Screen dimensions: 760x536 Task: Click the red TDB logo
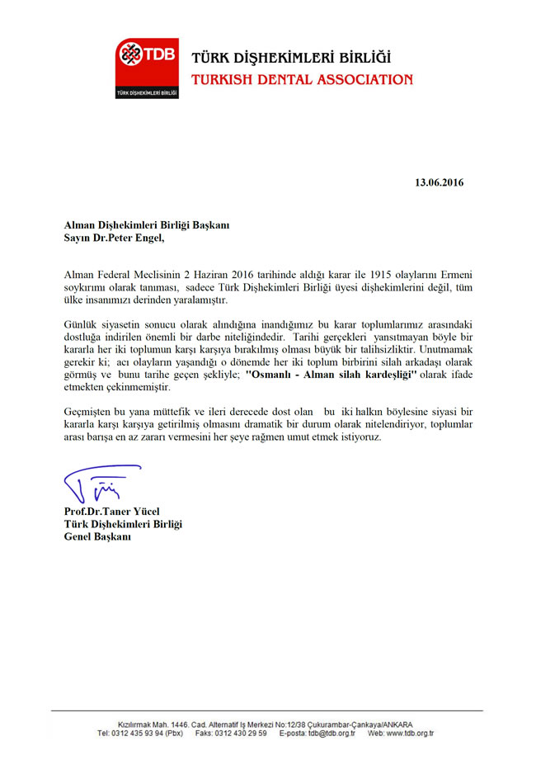click(148, 68)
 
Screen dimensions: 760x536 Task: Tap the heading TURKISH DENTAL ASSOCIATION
click(301, 80)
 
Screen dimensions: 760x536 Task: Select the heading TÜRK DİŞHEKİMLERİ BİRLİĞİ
click(291, 59)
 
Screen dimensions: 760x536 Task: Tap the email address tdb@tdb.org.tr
click(328, 733)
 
